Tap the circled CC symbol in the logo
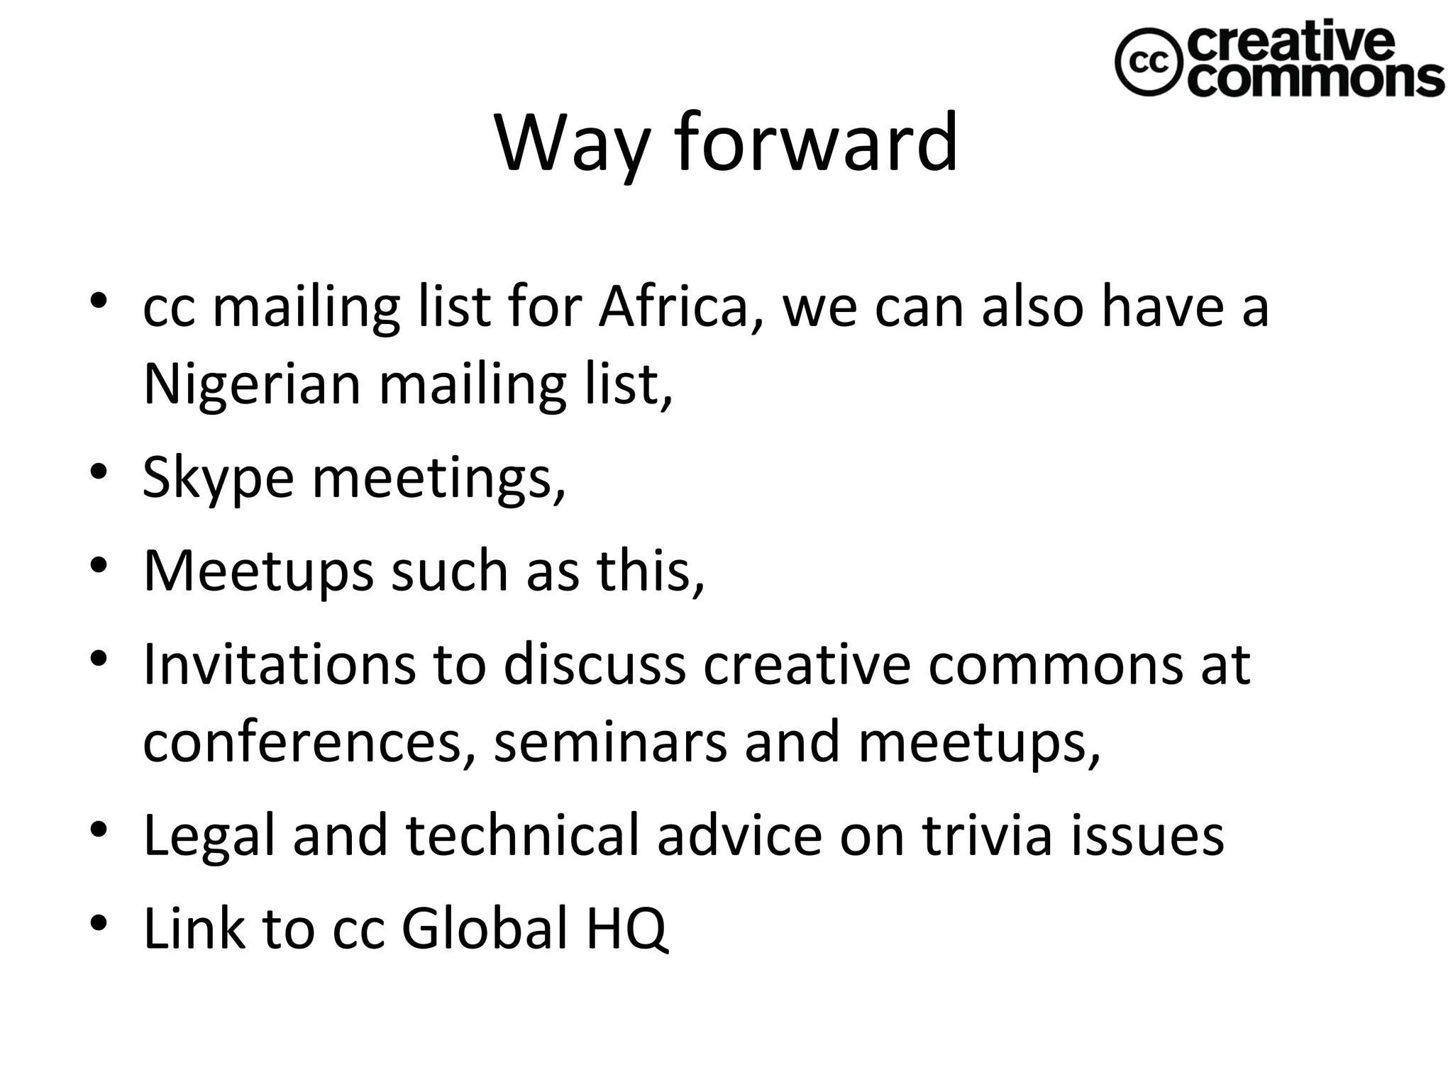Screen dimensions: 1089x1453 coord(1147,62)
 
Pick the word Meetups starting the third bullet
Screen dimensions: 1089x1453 coord(258,571)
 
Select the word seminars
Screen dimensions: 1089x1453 coord(610,742)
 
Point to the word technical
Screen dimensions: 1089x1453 coord(523,834)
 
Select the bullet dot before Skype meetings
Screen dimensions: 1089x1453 coord(99,472)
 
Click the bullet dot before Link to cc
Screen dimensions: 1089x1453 coord(99,922)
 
